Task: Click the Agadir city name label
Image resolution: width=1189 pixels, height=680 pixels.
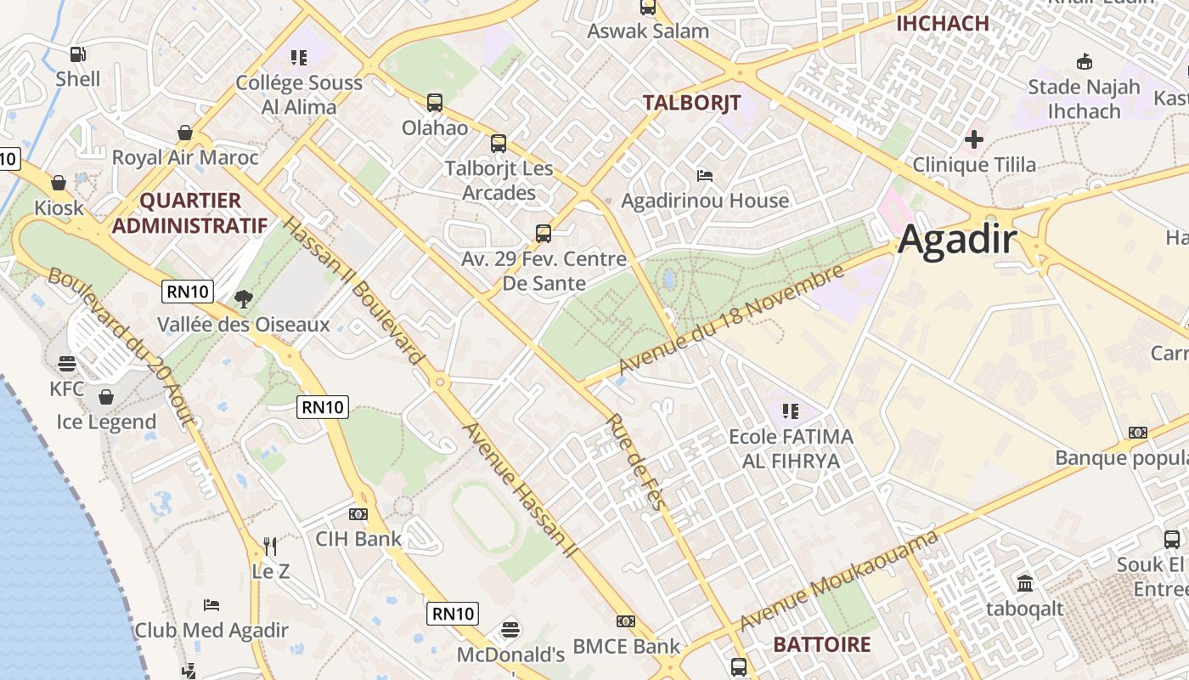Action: [x=957, y=241]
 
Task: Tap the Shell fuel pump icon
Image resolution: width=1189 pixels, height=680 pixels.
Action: [x=77, y=54]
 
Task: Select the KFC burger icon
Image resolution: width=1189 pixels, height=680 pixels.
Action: [x=67, y=365]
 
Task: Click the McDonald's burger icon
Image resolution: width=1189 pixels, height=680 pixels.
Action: [x=510, y=630]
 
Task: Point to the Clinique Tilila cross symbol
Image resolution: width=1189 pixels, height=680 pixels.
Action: [x=974, y=139]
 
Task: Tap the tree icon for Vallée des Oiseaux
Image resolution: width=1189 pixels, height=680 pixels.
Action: [x=244, y=299]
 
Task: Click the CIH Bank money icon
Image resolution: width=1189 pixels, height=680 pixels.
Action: [x=358, y=514]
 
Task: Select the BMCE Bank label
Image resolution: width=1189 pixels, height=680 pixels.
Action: [x=626, y=646]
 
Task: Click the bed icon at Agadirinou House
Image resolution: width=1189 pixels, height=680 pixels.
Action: [x=704, y=176]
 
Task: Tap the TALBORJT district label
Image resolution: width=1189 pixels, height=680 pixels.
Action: [x=691, y=104]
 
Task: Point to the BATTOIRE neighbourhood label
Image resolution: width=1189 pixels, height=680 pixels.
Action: [x=821, y=644]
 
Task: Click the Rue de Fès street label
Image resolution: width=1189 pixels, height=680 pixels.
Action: [x=634, y=462]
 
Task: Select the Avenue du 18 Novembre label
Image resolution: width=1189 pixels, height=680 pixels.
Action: [x=732, y=320]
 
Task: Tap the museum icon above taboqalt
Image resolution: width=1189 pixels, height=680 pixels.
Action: [x=1025, y=584]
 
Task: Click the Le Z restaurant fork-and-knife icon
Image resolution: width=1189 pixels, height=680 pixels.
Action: [x=270, y=545]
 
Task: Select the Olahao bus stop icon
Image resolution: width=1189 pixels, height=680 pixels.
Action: [x=435, y=103]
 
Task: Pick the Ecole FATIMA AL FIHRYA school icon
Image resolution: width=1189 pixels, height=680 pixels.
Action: [x=791, y=411]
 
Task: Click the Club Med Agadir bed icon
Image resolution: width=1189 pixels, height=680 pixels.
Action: [x=211, y=605]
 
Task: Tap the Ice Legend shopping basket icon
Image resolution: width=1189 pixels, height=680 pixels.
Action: [x=106, y=397]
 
